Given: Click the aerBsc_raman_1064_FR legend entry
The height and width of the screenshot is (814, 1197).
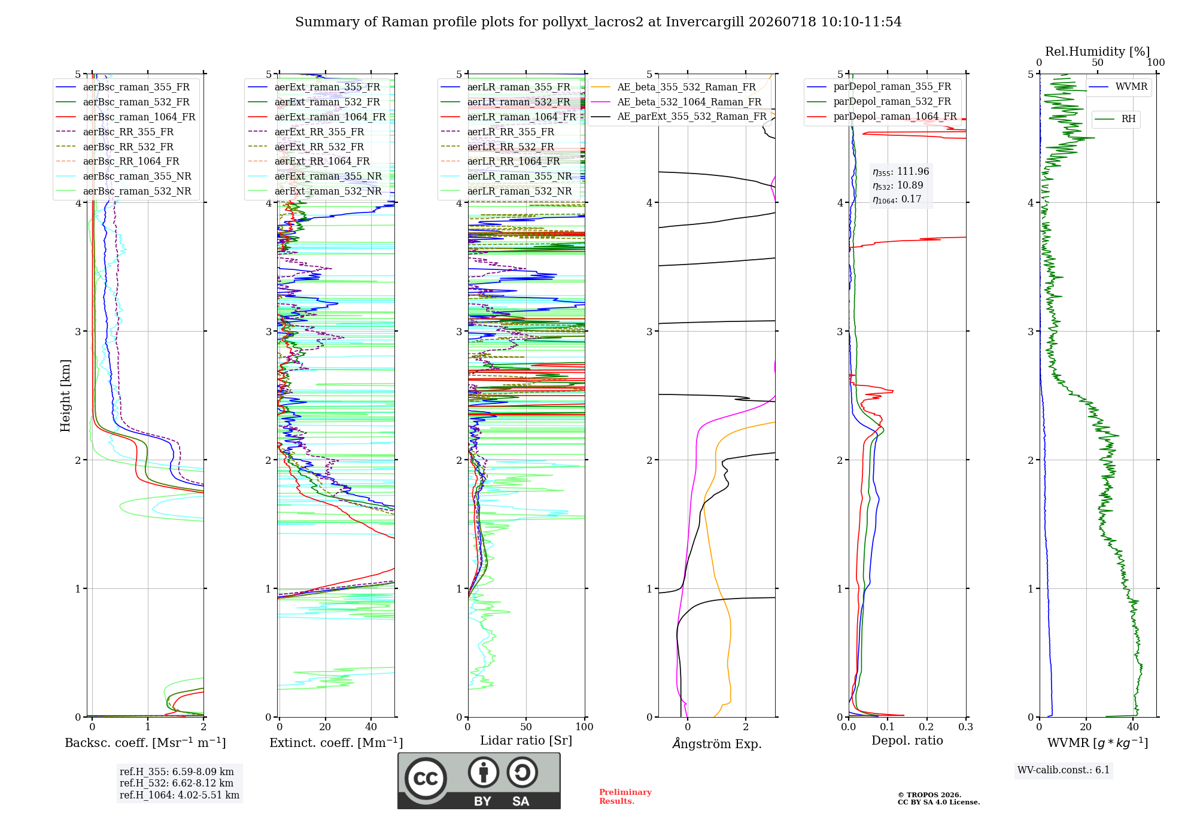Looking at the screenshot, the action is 126,117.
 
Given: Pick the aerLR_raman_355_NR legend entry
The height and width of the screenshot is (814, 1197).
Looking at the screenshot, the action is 506,176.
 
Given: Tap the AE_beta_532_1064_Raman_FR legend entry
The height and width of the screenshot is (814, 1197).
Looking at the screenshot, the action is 676,102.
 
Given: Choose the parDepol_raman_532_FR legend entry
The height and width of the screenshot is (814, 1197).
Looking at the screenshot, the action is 879,101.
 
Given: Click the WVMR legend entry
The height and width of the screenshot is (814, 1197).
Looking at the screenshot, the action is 1119,87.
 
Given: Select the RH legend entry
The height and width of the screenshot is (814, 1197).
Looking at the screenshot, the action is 1116,119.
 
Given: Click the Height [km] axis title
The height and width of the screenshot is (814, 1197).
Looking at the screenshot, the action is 65,396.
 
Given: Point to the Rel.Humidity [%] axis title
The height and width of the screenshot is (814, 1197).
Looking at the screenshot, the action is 1098,51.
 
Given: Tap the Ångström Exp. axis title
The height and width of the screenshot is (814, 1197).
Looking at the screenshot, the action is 717,743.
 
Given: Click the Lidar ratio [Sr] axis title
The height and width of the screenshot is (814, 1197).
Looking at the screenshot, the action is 526,740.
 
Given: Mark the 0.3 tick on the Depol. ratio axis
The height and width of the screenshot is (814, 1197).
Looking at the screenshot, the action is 965,727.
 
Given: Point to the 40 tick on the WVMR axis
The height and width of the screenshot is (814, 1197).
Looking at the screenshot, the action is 1133,727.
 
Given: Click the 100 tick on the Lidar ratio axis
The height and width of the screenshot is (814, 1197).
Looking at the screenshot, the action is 584,727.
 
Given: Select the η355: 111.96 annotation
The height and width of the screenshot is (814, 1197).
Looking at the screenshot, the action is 901,172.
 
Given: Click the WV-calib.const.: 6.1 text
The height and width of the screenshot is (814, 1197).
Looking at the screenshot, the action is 1064,770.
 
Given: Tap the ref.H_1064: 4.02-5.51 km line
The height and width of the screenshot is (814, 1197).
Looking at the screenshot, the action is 180,795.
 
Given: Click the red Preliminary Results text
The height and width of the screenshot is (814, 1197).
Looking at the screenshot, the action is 625,797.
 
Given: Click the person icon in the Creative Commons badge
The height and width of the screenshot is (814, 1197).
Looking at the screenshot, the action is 484,772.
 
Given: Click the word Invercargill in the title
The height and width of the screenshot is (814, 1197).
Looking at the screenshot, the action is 705,22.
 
